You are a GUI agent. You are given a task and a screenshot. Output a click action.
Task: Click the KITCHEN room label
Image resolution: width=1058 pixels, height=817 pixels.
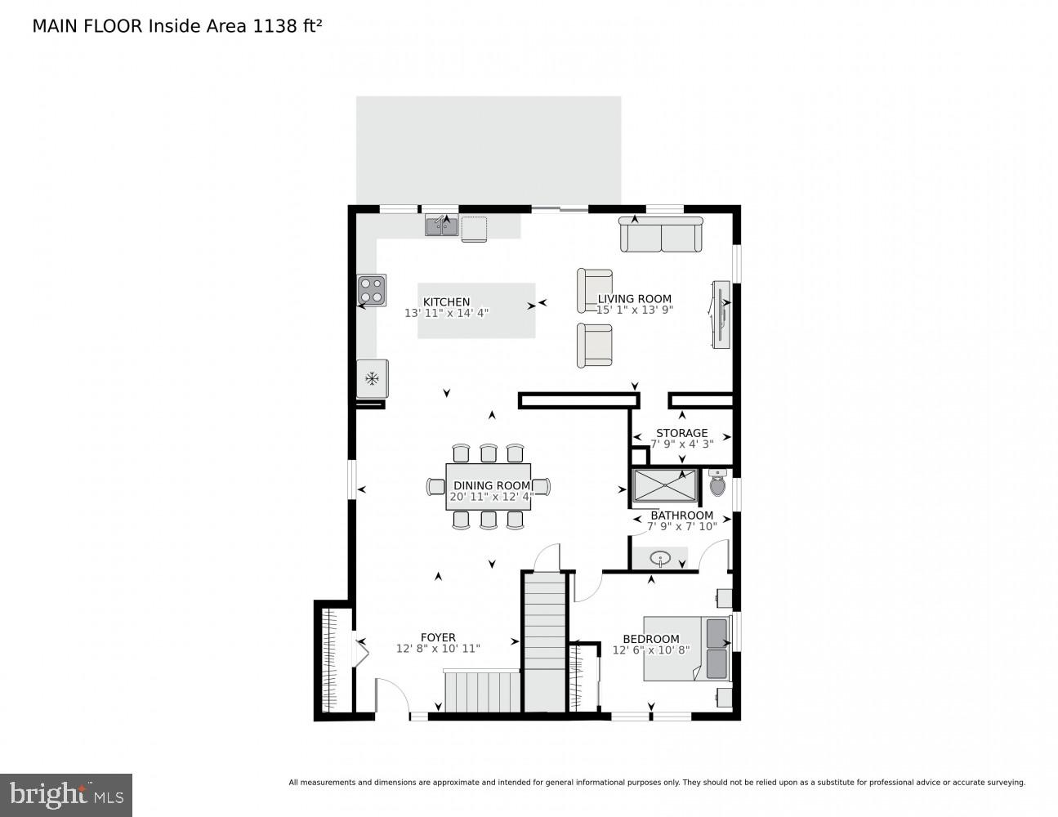pyautogui.click(x=446, y=302)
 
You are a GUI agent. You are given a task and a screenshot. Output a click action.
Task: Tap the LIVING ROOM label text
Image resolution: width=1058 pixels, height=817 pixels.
pyautogui.click(x=634, y=299)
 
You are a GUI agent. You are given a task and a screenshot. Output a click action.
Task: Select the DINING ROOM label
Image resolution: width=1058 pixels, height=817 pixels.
pyautogui.click(x=491, y=485)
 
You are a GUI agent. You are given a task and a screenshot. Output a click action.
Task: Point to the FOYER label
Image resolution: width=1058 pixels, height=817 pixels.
pyautogui.click(x=438, y=637)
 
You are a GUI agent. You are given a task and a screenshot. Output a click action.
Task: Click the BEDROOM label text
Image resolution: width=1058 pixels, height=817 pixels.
pyautogui.click(x=650, y=639)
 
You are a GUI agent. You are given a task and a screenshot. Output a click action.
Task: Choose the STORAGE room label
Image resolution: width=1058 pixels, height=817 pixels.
pyautogui.click(x=681, y=433)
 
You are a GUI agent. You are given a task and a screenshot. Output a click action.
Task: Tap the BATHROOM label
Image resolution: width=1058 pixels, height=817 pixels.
pyautogui.click(x=681, y=516)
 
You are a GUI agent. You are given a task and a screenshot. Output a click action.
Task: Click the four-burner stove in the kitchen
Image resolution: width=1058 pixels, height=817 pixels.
pyautogui.click(x=372, y=290)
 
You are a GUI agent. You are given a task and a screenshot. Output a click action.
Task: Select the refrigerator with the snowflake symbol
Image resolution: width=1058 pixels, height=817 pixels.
pyautogui.click(x=373, y=378)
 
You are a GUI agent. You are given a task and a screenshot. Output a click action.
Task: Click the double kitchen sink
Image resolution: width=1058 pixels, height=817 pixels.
pyautogui.click(x=441, y=225)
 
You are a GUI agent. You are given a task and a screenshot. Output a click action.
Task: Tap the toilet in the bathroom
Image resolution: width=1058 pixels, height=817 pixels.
pyautogui.click(x=717, y=484)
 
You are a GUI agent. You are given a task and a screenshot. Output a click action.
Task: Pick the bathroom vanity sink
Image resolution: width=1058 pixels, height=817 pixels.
pyautogui.click(x=660, y=559)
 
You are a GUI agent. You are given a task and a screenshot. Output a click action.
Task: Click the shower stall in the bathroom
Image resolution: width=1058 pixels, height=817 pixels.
pyautogui.click(x=664, y=485)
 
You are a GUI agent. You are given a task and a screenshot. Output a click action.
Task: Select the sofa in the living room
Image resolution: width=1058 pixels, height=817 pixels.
pyautogui.click(x=661, y=235)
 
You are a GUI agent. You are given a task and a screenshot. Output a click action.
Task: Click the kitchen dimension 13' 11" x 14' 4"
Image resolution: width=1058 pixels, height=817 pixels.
pyautogui.click(x=446, y=313)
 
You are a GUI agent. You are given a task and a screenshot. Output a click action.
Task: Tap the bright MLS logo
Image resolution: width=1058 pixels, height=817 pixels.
pyautogui.click(x=66, y=795)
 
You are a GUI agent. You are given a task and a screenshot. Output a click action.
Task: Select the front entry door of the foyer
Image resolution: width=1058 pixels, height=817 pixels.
pyautogui.click(x=392, y=699)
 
